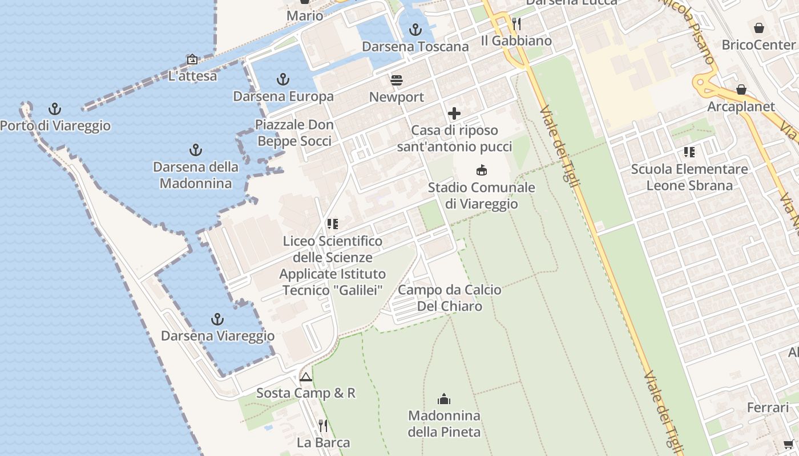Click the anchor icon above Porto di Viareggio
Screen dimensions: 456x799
pyautogui.click(x=55, y=108)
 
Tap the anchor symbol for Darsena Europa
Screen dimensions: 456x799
pyautogui.click(x=283, y=79)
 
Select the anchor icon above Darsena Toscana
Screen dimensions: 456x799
pyautogui.click(x=415, y=29)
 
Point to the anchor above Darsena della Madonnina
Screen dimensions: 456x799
pyautogui.click(x=196, y=150)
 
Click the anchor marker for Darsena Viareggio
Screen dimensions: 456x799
pyautogui.click(x=217, y=319)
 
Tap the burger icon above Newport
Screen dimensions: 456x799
pyautogui.click(x=397, y=80)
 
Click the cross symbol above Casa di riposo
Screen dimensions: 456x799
pyautogui.click(x=454, y=113)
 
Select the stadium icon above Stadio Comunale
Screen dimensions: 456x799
pyautogui.click(x=482, y=170)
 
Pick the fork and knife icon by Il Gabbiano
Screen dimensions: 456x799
pyautogui.click(x=516, y=23)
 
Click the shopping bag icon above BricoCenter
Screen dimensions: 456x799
pyautogui.click(x=759, y=27)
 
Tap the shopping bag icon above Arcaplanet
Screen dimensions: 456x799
pyautogui.click(x=741, y=89)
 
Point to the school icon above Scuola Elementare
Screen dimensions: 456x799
pyautogui.click(x=689, y=152)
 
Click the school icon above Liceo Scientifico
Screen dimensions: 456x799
pyautogui.click(x=333, y=224)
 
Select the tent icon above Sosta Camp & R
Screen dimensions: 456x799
pyautogui.click(x=306, y=377)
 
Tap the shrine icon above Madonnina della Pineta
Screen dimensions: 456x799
pyautogui.click(x=444, y=398)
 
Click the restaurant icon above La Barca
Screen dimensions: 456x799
pyautogui.click(x=323, y=425)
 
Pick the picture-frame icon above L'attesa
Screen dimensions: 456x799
pyautogui.click(x=192, y=59)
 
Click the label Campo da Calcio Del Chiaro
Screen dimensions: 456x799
pyautogui.click(x=450, y=298)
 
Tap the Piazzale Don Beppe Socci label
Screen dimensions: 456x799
pyautogui.click(x=294, y=133)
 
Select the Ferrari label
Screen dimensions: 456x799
pyautogui.click(x=768, y=408)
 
